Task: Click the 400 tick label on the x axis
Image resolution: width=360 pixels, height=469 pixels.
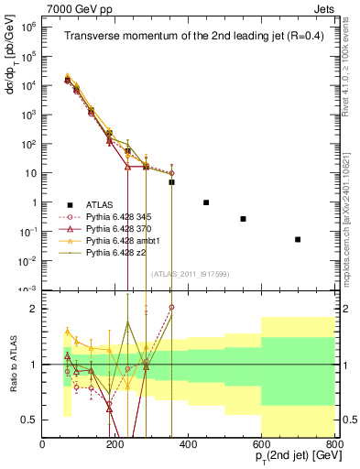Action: click(x=189, y=445)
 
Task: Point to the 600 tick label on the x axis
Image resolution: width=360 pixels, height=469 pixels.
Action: click(x=261, y=445)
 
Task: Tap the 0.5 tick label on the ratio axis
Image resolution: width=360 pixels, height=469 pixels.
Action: click(x=29, y=420)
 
